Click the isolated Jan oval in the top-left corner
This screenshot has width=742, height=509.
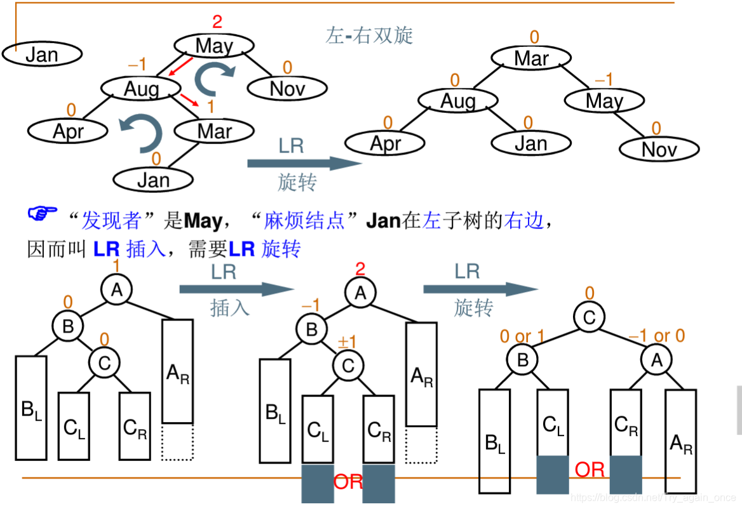click(x=42, y=55)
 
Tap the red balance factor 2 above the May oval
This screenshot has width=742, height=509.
click(x=217, y=22)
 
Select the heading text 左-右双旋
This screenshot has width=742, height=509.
click(x=369, y=35)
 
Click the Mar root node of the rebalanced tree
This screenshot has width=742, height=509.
click(x=531, y=58)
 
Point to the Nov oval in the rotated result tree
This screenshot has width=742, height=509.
click(x=659, y=150)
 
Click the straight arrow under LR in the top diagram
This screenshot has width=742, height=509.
click(x=304, y=164)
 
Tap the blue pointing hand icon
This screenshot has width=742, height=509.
click(x=43, y=213)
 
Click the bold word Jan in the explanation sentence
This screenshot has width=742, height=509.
click(x=383, y=221)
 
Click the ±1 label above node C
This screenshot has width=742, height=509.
click(x=347, y=343)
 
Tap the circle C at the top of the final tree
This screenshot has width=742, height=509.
click(x=590, y=317)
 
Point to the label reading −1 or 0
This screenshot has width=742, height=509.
click(x=656, y=336)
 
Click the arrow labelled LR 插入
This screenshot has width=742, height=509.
click(x=236, y=289)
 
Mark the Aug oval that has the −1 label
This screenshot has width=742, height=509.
click(x=141, y=89)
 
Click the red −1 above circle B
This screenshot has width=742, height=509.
click(x=311, y=305)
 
